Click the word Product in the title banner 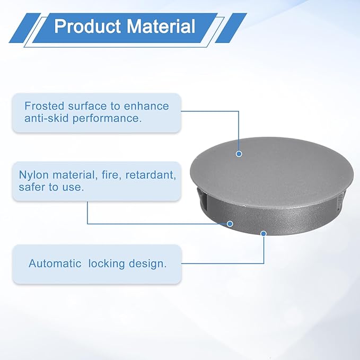pos(87,26)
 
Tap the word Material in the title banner pos(161,26)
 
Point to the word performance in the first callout pos(107,119)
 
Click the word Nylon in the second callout pos(34,175)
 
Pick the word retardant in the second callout pos(151,175)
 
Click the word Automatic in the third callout pos(55,264)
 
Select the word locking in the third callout pos(106,264)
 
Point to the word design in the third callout pos(147,264)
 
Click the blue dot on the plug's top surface pos(239,154)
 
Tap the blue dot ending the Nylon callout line pos(230,224)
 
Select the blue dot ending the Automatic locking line pos(264,233)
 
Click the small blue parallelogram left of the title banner pos(25,28)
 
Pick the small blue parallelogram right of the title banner pos(231,28)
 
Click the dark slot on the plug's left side pos(202,197)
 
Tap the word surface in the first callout pos(87,106)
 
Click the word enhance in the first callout pos(146,106)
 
